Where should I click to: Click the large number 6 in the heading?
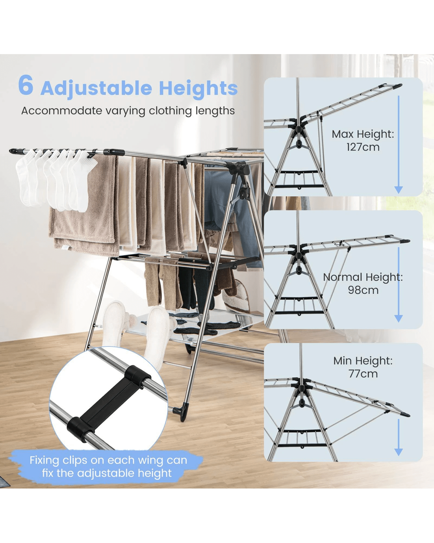point(26,85)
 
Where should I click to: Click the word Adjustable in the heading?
point(96,88)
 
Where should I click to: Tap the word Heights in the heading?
point(198,88)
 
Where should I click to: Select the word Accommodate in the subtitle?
point(62,111)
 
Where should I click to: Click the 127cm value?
point(363,147)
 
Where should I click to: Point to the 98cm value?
point(363,290)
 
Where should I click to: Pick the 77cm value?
point(363,374)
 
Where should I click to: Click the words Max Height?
point(363,134)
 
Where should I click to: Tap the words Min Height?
point(363,361)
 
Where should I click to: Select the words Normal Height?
point(363,277)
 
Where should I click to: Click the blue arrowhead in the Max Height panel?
point(398,190)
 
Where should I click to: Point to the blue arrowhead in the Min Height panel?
point(398,452)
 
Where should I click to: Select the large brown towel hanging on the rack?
point(84,205)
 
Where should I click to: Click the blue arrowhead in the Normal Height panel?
point(398,318)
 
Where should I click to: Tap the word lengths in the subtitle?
point(217,111)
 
